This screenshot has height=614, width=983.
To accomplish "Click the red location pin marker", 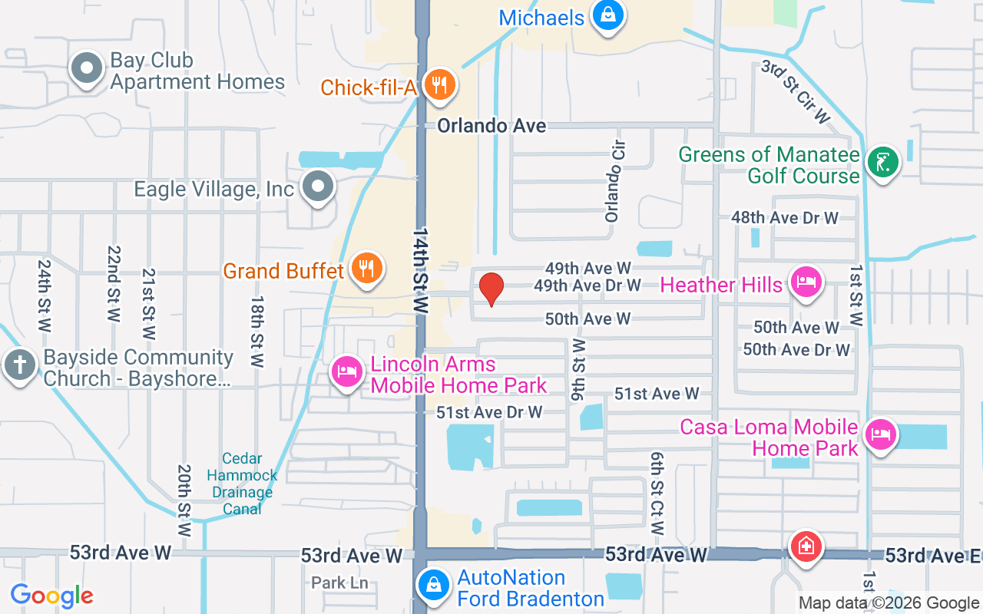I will click(491, 289).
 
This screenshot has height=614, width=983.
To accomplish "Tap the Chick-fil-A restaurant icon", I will click(439, 84).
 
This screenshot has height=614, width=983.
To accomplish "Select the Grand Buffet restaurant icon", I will click(366, 268).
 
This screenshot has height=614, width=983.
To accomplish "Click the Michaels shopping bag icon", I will click(607, 15).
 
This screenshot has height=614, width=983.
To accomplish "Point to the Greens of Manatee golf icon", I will click(882, 163).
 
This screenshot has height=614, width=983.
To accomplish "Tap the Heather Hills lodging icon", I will click(805, 282).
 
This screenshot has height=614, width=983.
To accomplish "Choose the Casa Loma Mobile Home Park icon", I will click(880, 435).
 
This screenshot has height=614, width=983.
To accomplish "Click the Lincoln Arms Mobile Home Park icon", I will click(346, 372).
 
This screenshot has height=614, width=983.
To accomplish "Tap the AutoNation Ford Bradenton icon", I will click(433, 585).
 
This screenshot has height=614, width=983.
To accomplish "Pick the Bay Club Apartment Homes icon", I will click(87, 68).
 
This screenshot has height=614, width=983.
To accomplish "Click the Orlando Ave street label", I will click(491, 126).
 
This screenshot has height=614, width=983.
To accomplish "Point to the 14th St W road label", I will click(420, 269).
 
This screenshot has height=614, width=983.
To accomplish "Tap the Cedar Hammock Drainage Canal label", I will click(242, 484).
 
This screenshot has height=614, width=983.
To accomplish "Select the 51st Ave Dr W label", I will click(489, 412).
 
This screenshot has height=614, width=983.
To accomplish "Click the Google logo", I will click(52, 595).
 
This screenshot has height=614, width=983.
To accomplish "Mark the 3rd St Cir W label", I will click(796, 91).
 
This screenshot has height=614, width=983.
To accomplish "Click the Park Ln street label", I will click(339, 583).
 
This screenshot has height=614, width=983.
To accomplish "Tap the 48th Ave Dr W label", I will click(784, 218).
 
